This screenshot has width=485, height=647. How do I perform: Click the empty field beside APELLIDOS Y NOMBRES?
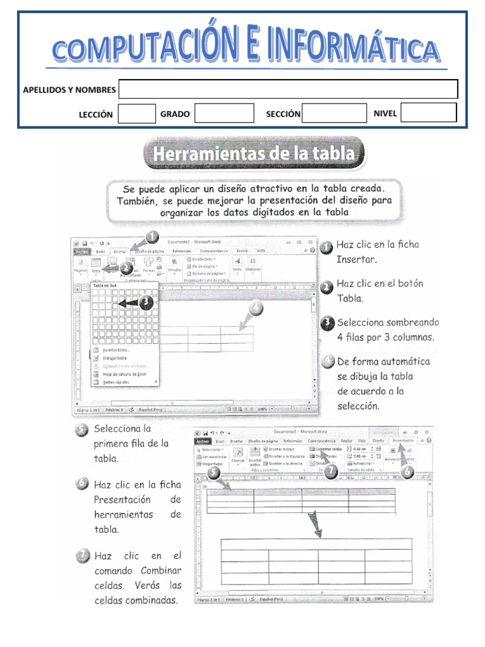tap(288, 89)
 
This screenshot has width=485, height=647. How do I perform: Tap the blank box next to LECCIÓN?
tap(137, 114)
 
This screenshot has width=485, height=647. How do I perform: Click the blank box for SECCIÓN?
tap(334, 113)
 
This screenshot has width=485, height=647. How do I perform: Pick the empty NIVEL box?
tap(429, 113)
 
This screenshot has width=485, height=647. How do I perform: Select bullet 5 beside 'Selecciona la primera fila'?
tap(81, 431)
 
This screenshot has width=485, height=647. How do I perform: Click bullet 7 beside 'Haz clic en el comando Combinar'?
tap(81, 557)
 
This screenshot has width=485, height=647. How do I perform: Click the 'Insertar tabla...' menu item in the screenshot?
tap(117, 350)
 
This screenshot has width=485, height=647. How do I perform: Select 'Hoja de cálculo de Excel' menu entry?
tap(124, 374)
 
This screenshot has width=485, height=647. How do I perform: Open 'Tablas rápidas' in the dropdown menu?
tap(117, 382)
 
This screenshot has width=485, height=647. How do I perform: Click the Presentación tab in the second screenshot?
tap(402, 440)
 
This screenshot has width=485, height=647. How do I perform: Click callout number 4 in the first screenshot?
tap(256, 309)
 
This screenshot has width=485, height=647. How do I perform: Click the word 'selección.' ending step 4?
tap(358, 406)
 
